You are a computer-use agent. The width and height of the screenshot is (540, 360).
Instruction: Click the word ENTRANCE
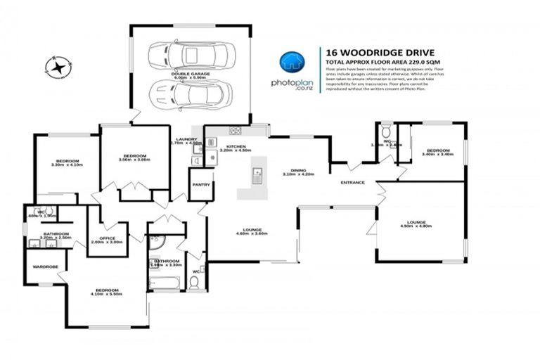(x=352, y=184)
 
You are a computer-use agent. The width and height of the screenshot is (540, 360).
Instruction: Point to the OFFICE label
(x=107, y=238)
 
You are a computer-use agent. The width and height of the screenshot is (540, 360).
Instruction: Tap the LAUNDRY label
(x=187, y=139)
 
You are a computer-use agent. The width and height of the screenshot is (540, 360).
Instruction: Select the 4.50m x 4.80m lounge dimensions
(x=414, y=226)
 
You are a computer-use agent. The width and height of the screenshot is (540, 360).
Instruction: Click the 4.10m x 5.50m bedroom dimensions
(x=107, y=293)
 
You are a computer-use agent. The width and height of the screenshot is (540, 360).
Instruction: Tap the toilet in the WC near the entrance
(x=385, y=131)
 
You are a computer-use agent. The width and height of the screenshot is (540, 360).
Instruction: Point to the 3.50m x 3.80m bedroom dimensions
(x=134, y=160)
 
